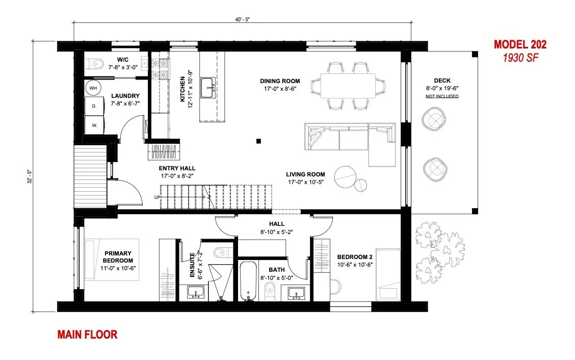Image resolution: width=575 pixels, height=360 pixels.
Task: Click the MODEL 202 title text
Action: (x=520, y=44)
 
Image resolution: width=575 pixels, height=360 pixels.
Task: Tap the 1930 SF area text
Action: (x=520, y=58)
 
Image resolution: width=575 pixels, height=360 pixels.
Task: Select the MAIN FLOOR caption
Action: (x=87, y=335)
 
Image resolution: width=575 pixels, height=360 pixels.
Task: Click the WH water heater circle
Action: (x=93, y=88)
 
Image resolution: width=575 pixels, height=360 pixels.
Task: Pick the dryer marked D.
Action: (x=94, y=106)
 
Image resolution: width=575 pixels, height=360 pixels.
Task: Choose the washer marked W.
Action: (x=94, y=125)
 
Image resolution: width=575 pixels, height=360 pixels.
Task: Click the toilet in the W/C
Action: (x=95, y=64)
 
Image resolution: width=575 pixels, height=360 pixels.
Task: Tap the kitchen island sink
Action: (x=208, y=88)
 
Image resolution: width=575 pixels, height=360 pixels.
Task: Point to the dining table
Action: (x=348, y=86)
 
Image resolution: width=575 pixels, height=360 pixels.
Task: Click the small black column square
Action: (x=258, y=141)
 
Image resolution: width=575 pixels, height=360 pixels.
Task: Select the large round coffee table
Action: (x=345, y=177)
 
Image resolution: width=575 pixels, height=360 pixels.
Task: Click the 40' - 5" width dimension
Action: (x=243, y=20)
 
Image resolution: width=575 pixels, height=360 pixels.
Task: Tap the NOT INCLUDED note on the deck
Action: (x=442, y=96)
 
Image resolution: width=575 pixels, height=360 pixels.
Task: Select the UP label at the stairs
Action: (x=158, y=197)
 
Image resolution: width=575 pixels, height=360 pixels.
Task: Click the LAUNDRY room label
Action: (x=125, y=96)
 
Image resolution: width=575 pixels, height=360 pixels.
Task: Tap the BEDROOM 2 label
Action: (x=355, y=257)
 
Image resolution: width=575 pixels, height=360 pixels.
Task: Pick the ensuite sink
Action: (x=196, y=292)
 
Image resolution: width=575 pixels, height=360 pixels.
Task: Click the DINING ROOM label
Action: (x=280, y=81)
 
